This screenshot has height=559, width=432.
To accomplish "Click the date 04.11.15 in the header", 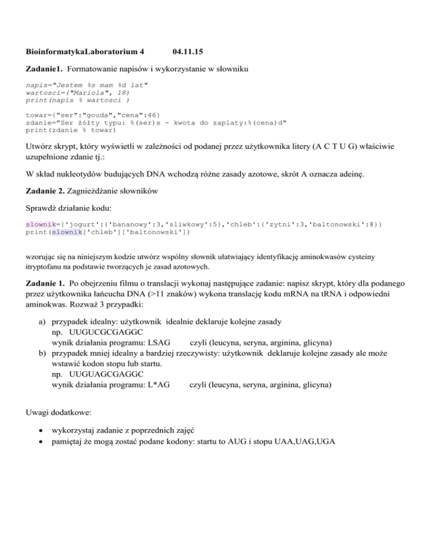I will [x=186, y=52].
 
